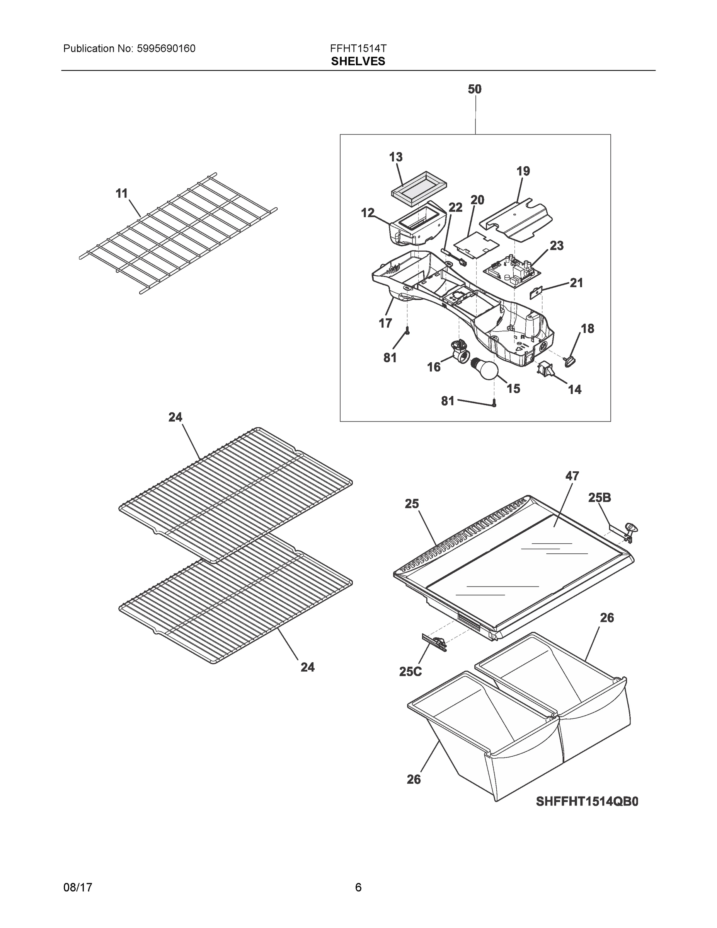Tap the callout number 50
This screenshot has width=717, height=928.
pos(475,89)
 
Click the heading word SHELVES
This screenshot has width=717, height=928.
pos(358,61)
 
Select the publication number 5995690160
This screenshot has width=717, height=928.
pos(166,49)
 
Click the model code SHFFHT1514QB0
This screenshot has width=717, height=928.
pos(587,802)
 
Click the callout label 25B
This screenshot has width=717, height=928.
pos(599,498)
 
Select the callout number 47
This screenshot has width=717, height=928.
pos(572,476)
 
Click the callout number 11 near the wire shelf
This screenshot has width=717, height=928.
pos(121,193)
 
